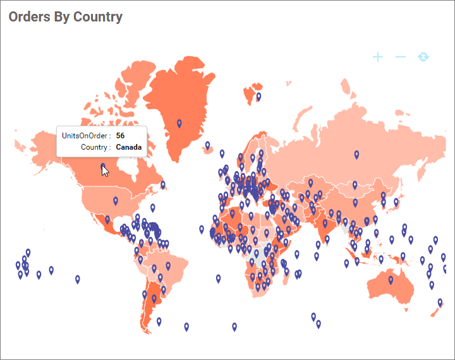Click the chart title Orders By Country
[65, 17]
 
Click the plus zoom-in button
[378, 57]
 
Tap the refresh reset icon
[423, 57]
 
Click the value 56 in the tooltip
[120, 136]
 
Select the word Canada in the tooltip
[130, 147]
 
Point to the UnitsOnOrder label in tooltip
[87, 136]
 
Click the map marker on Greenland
[179, 123]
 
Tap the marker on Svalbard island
[258, 97]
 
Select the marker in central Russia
[357, 154]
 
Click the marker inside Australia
[391, 280]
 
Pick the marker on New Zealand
[440, 303]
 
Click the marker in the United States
[116, 201]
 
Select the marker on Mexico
[107, 220]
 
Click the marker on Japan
[396, 202]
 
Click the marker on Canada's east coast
[163, 184]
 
